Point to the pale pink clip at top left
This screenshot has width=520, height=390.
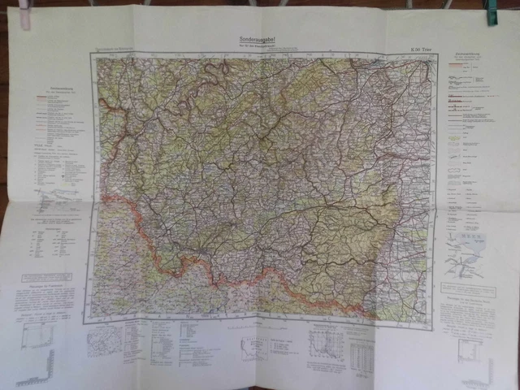coord(25,15)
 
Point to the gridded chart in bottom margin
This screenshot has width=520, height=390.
coord(324,346)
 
